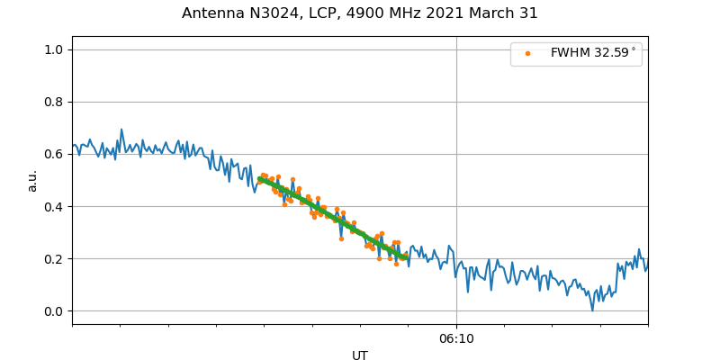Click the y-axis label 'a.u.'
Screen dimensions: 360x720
point(32,180)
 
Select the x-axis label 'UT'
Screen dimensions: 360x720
point(360,355)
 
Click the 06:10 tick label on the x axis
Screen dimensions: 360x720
point(456,339)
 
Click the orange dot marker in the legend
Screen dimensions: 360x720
point(527,53)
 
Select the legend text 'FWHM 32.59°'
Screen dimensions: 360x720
point(593,53)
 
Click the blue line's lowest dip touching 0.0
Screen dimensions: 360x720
point(592,310)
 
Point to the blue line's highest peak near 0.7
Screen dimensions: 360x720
point(121,130)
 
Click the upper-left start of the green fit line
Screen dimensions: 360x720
point(260,179)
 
